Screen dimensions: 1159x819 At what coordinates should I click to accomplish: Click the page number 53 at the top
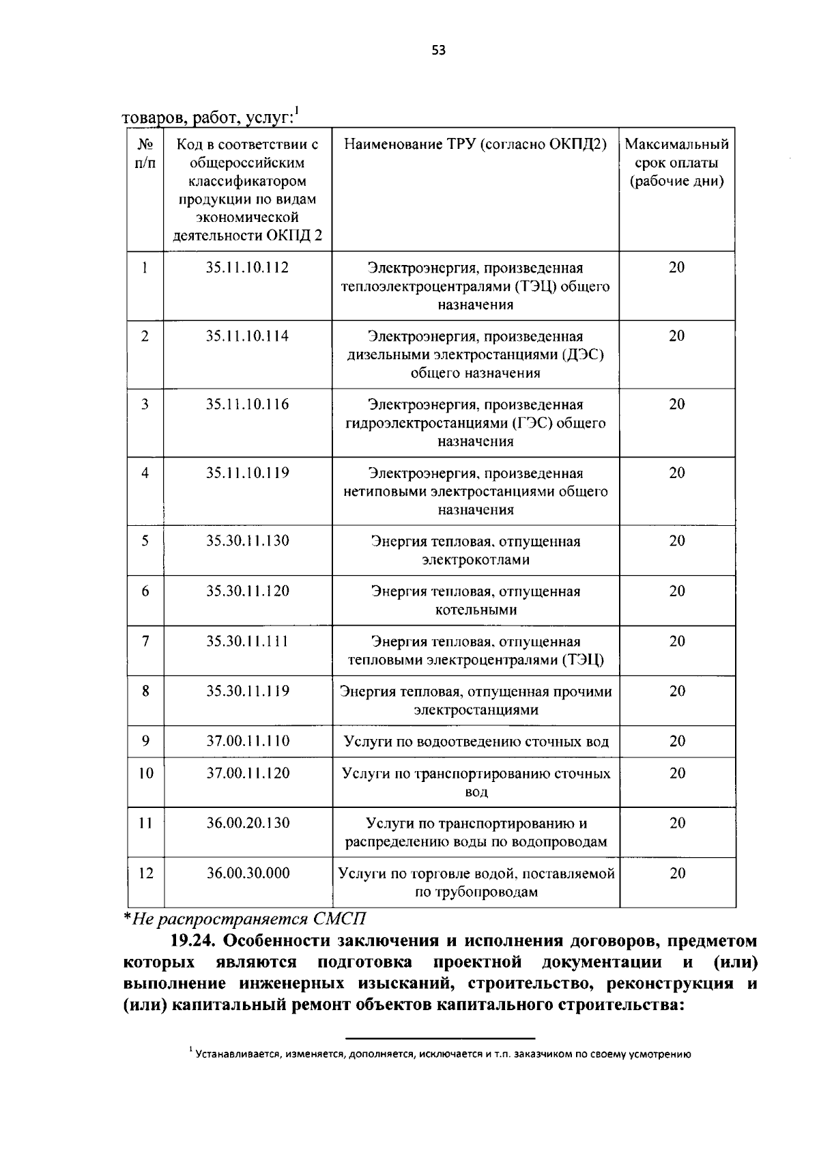click(x=438, y=49)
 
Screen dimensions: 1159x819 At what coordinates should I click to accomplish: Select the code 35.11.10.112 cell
click(x=247, y=268)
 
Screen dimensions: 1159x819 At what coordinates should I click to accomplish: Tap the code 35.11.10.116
click(x=247, y=404)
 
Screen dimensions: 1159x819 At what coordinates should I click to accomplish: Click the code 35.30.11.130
click(x=247, y=541)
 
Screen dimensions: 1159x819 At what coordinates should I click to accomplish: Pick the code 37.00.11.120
click(x=248, y=773)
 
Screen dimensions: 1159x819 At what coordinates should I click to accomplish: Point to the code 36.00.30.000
click(x=248, y=873)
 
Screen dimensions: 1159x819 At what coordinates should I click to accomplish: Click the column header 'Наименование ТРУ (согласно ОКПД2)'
click(x=475, y=145)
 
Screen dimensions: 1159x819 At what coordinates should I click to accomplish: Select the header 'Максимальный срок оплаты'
click(x=676, y=154)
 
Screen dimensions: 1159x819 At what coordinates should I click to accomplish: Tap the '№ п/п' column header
click(x=145, y=154)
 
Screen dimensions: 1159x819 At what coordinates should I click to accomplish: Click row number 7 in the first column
click(x=145, y=641)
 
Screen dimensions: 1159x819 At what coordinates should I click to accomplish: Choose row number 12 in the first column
click(x=145, y=873)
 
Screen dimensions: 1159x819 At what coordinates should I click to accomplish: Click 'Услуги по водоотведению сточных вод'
click(x=476, y=742)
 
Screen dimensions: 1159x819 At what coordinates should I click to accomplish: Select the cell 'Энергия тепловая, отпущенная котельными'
click(x=476, y=600)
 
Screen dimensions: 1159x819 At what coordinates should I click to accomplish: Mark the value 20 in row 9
click(x=676, y=741)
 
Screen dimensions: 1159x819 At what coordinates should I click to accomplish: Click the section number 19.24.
click(x=192, y=941)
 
